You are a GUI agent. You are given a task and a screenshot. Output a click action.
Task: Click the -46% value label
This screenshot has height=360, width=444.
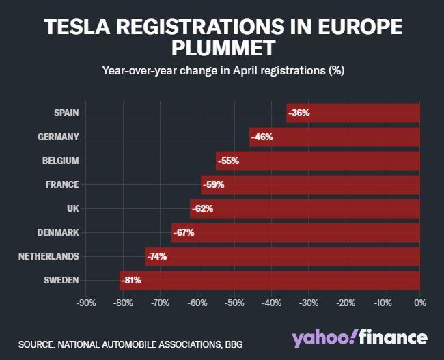tap(262, 137)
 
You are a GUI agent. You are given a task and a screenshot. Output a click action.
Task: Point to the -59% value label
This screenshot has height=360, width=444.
tap(213, 184)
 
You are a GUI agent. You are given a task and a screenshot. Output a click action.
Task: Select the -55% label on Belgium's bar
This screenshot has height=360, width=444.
tap(228, 161)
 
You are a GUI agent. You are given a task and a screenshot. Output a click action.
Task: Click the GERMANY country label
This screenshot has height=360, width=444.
tap(59, 137)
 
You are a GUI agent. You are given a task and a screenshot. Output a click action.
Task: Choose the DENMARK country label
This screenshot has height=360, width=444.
tap(58, 232)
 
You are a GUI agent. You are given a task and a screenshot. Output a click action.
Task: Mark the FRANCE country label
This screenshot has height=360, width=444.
tap(63, 184)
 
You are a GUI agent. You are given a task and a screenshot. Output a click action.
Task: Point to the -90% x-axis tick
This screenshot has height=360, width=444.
tap(85, 303)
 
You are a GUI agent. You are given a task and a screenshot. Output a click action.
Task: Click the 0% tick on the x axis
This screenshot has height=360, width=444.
tap(419, 303)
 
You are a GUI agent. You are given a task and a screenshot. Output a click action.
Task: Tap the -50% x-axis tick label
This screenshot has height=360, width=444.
tap(234, 303)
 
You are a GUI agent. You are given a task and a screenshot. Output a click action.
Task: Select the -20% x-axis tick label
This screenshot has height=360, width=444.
tap(345, 303)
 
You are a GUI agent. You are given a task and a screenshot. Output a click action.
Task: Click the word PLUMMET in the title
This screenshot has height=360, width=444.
tap(222, 49)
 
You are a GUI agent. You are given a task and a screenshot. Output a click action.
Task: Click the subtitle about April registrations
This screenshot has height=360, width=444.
tap(222, 70)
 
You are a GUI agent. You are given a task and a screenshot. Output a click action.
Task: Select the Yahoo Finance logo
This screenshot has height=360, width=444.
tap(359, 337)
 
